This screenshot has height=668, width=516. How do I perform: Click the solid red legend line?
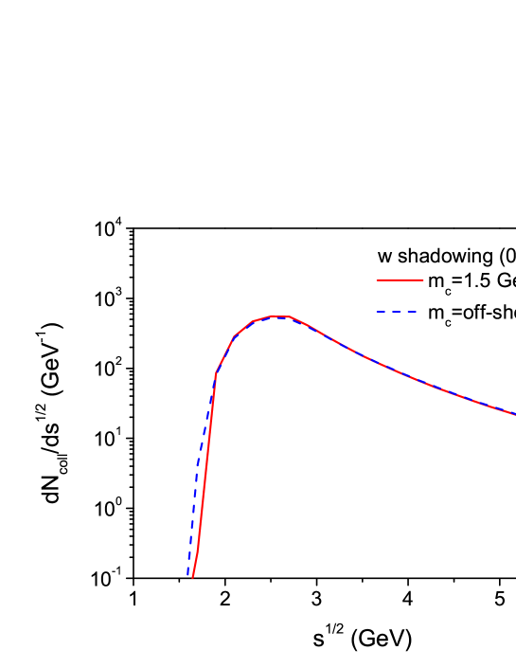click(x=400, y=280)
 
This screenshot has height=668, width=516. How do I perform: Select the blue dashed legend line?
click(x=396, y=311)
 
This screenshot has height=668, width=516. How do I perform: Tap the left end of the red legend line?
click(x=378, y=280)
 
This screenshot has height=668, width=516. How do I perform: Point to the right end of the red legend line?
click(x=422, y=280)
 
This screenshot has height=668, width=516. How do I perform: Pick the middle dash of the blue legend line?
click(x=396, y=311)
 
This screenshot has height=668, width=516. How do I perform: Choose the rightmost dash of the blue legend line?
click(x=412, y=311)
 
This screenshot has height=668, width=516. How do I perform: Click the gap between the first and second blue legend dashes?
click(x=388, y=311)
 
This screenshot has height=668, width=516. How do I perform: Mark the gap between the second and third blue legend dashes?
click(x=404, y=311)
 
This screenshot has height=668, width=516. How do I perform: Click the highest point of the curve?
click(x=275, y=316)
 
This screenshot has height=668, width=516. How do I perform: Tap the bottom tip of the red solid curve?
click(x=192, y=577)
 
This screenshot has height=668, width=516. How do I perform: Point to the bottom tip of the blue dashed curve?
click(x=188, y=574)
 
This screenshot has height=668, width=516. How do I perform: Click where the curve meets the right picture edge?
click(x=514, y=414)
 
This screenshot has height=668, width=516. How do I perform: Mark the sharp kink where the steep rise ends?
click(x=216, y=373)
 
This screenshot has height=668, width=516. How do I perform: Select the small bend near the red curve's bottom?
click(x=198, y=547)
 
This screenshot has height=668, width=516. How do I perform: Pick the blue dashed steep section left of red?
click(x=197, y=464)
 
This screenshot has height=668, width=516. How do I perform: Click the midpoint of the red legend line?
click(x=400, y=280)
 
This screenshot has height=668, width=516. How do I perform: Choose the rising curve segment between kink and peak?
click(x=227, y=349)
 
